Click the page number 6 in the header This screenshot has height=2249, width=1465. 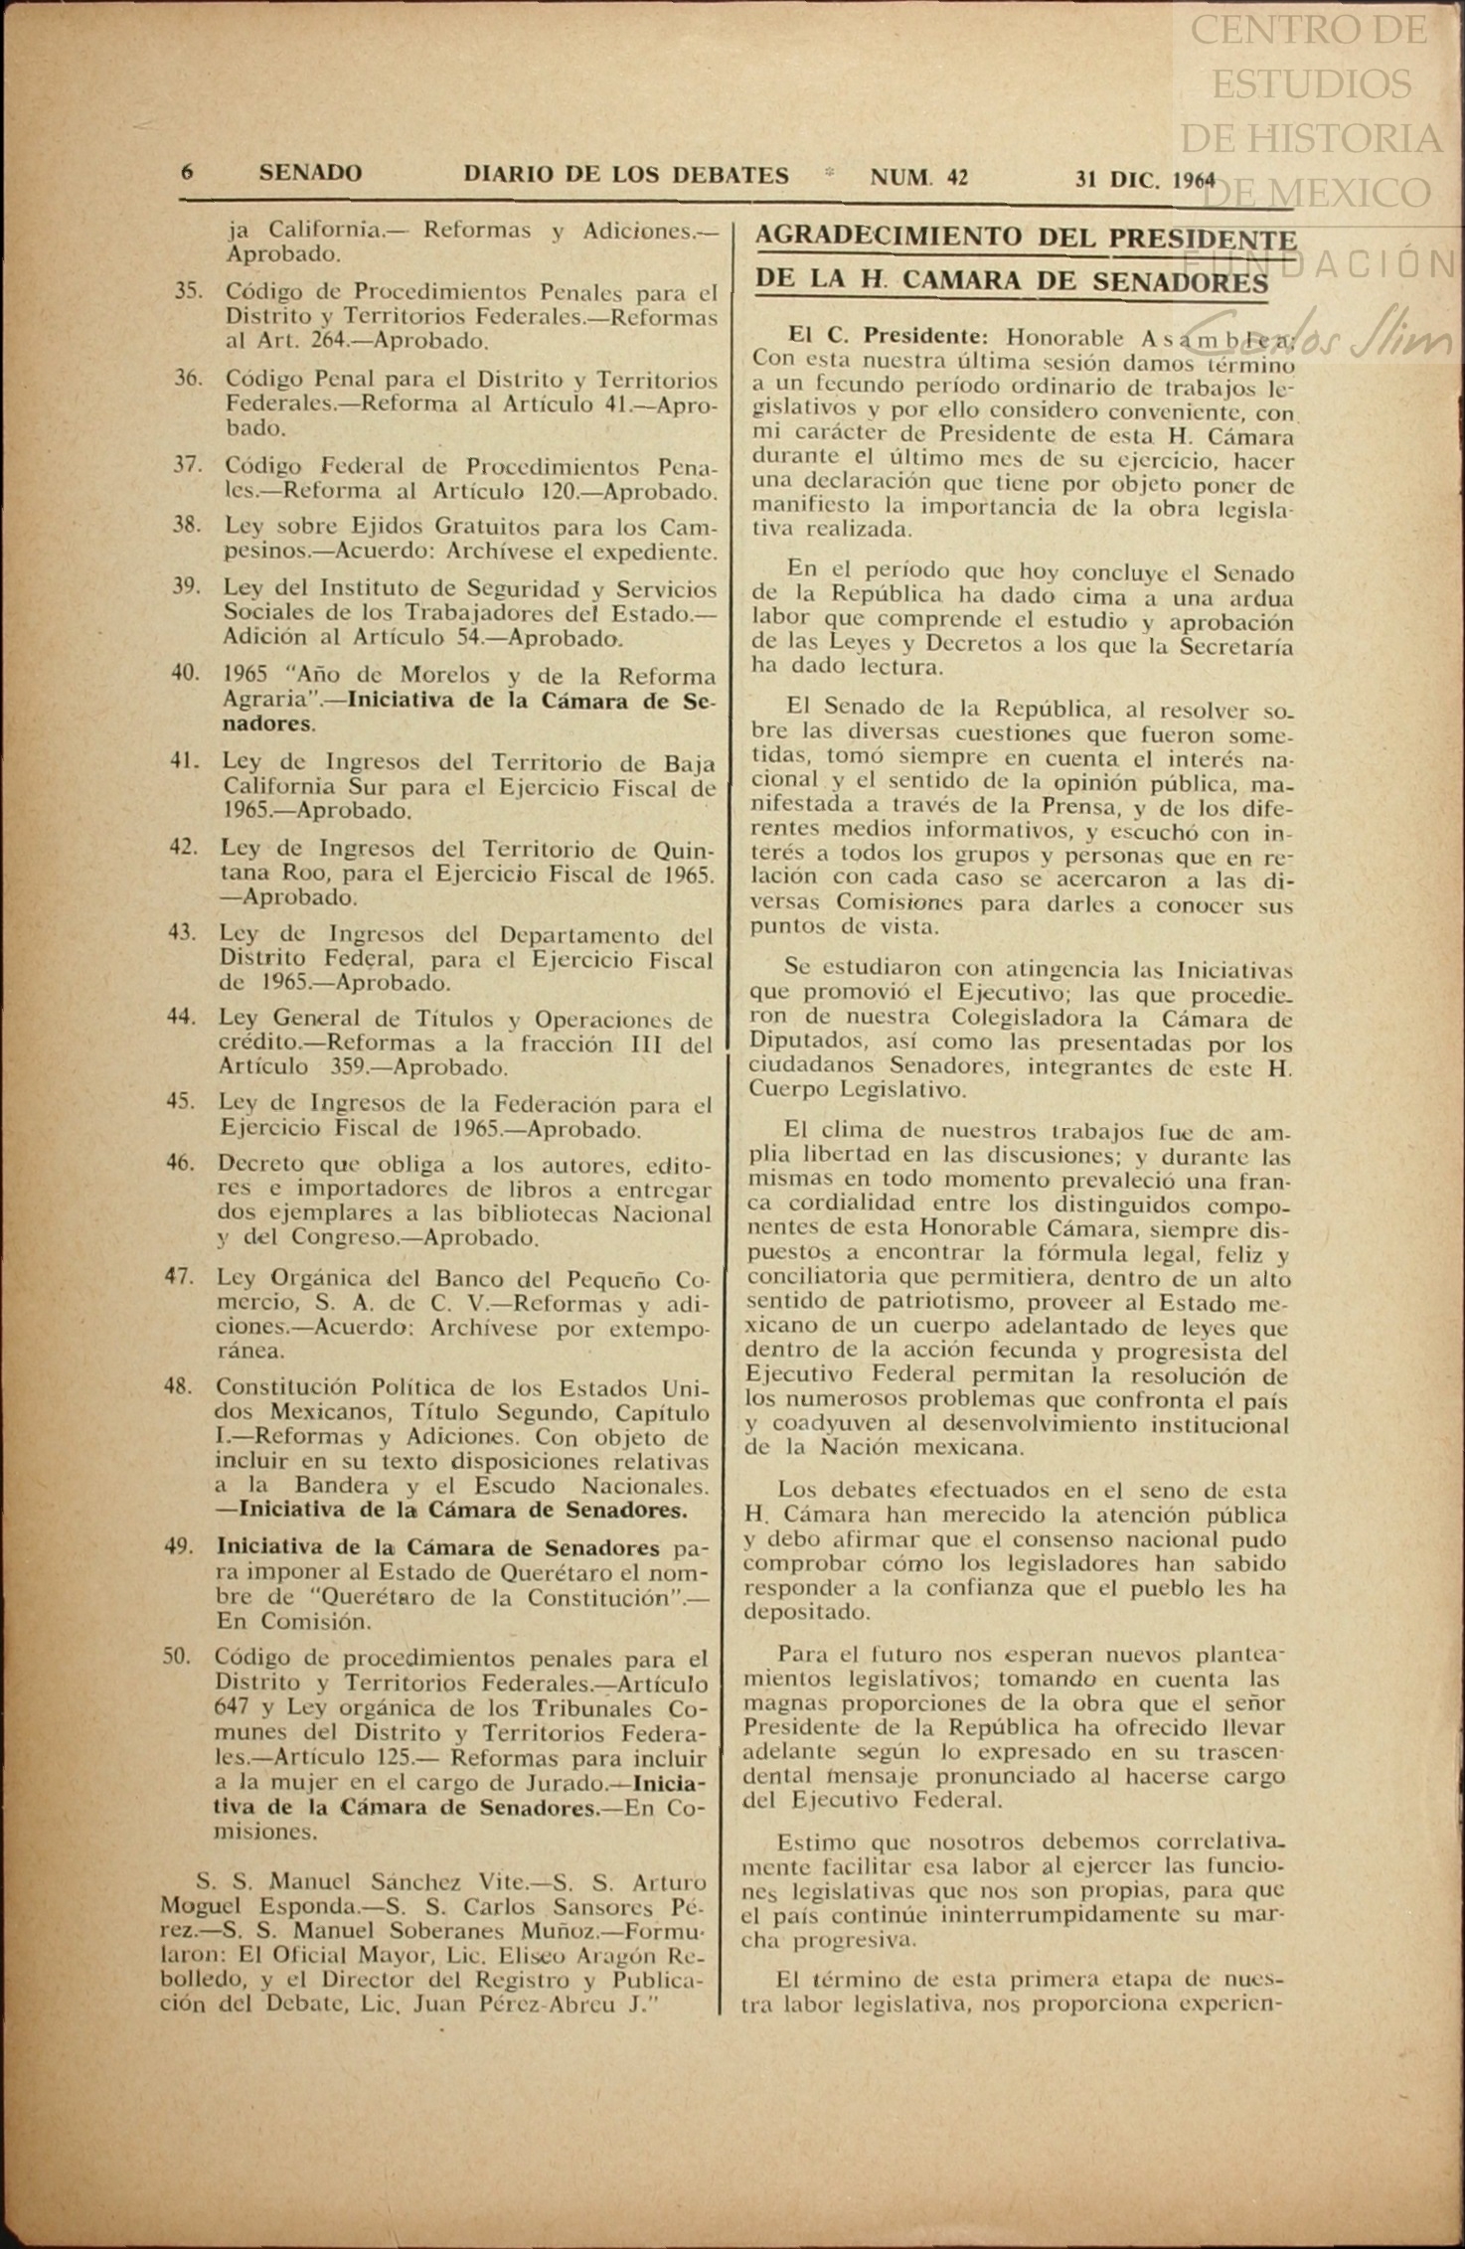(187, 173)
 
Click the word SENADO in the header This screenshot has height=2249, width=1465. (310, 174)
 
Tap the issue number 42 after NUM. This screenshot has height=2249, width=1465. (957, 178)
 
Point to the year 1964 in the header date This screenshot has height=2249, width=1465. (1194, 180)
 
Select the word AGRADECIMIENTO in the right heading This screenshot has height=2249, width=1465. (889, 238)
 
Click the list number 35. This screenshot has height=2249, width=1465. (189, 292)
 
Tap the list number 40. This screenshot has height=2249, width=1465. (186, 673)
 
